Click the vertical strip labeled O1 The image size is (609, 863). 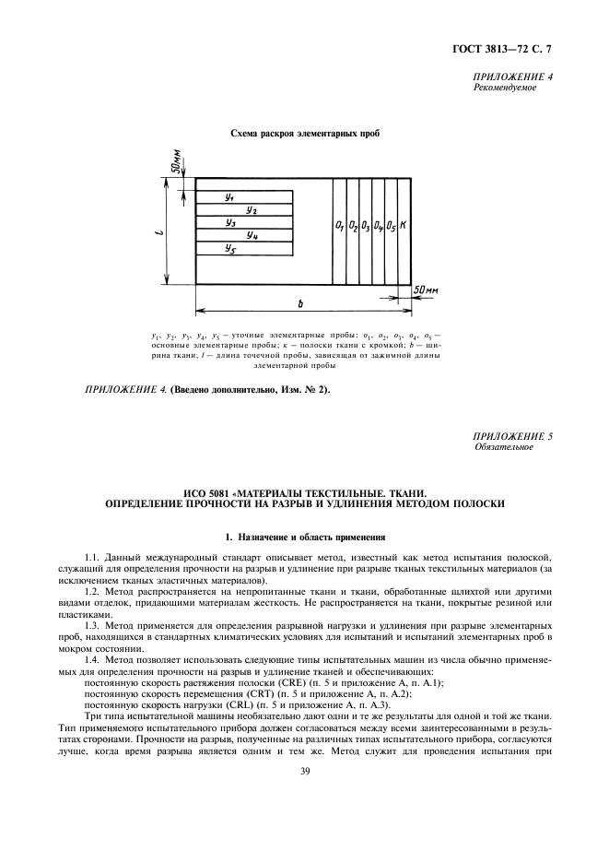[x=340, y=225]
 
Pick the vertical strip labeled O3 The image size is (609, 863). [x=366, y=225]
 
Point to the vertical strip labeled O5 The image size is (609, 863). [x=391, y=225]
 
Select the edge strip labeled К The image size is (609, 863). [x=404, y=225]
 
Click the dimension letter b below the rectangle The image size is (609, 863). [x=301, y=302]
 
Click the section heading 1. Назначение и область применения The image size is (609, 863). [x=304, y=537]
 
